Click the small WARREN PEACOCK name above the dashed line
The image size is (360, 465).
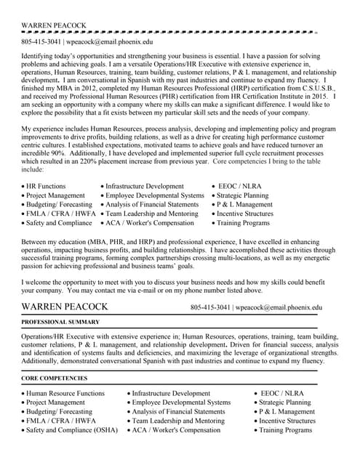point(54,25)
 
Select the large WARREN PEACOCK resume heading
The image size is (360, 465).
point(65,307)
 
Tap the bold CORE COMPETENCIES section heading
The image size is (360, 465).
point(55,378)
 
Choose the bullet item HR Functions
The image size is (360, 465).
point(46,186)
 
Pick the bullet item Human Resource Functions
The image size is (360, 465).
point(65,393)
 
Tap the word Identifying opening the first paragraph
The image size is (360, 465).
point(41,55)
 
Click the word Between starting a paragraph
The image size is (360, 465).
point(36,240)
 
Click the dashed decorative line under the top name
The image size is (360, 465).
point(167,33)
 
